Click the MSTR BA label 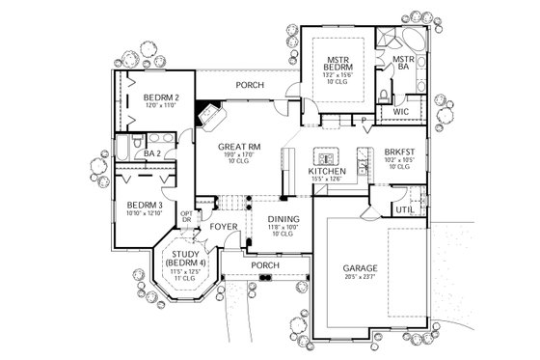402,63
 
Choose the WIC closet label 400,112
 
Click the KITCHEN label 326,171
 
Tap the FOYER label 224,228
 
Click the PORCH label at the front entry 264,264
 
